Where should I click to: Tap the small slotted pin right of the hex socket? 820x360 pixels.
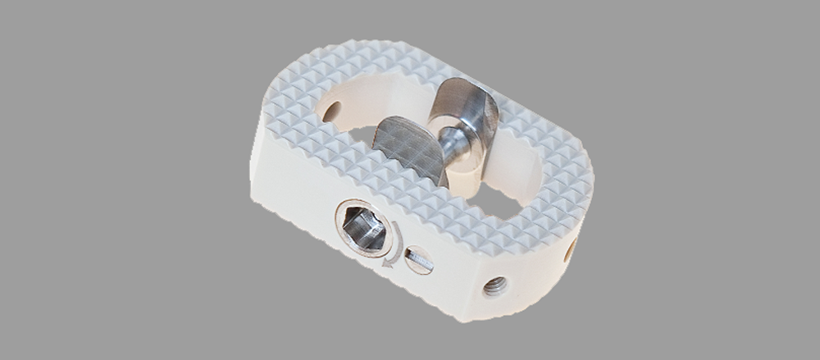pos(419,261)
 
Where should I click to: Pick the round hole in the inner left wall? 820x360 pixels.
pos(331,111)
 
